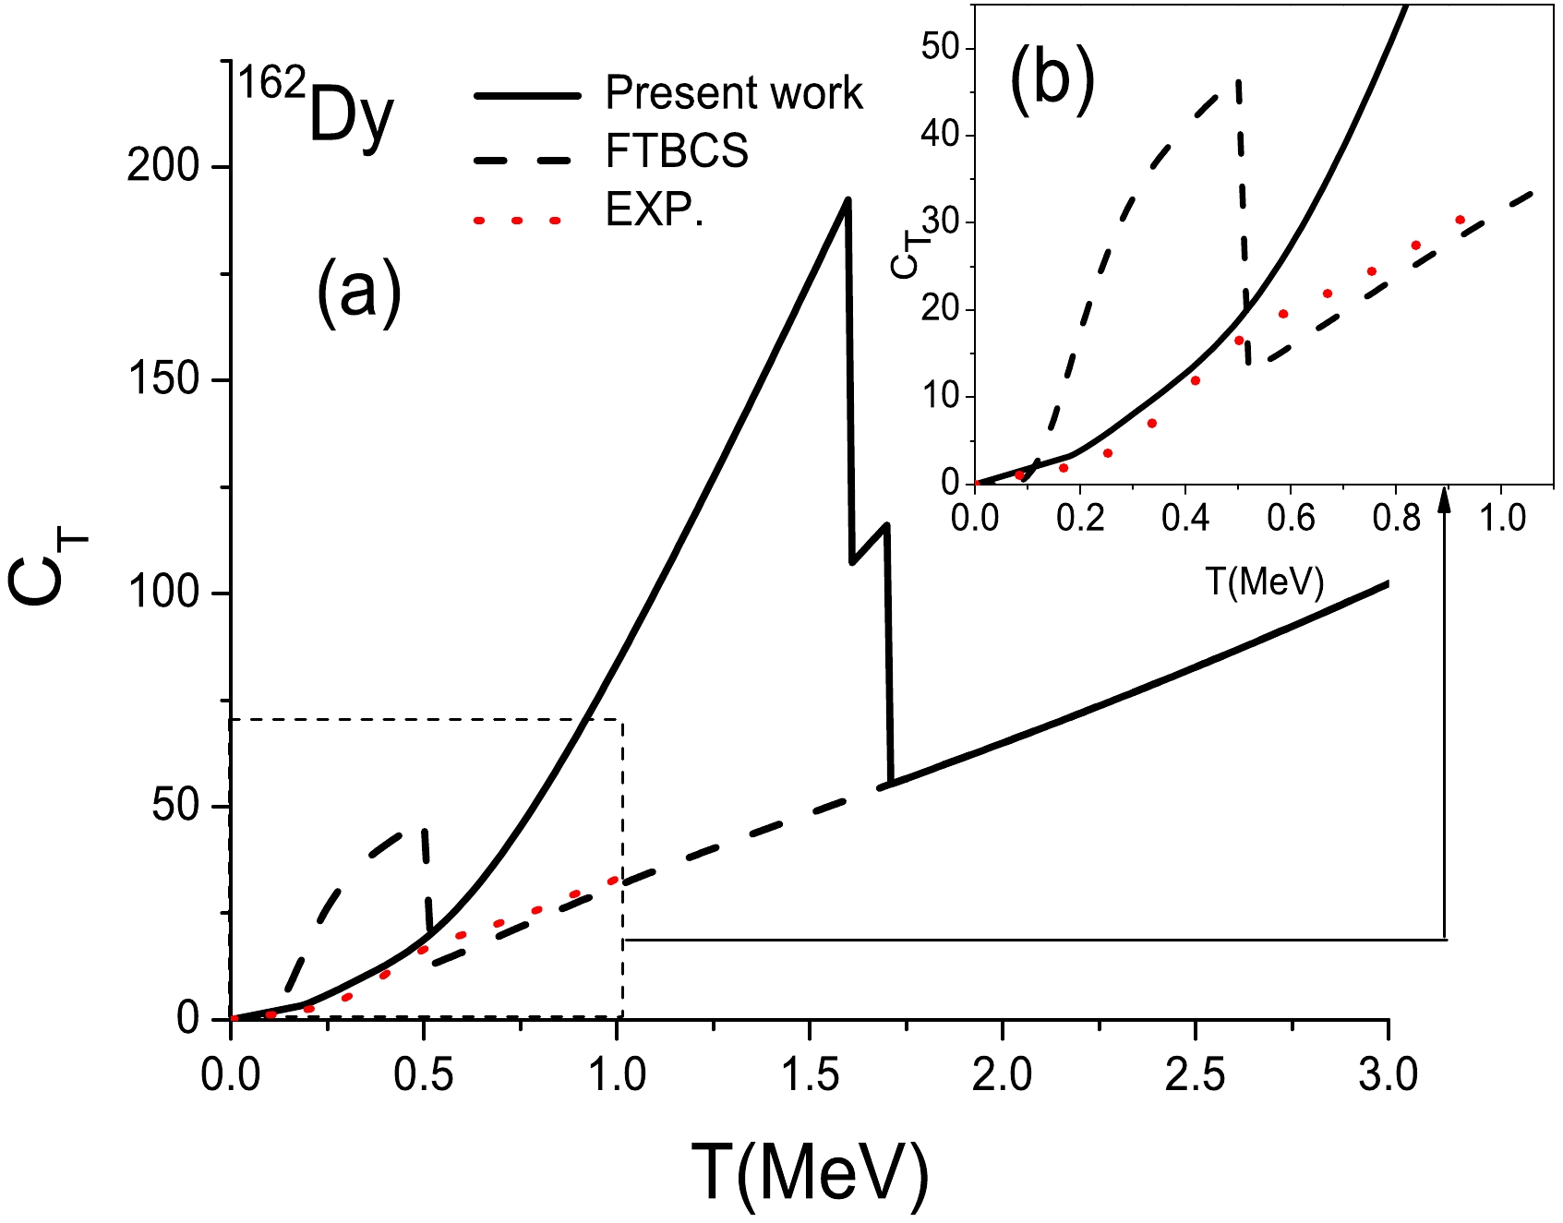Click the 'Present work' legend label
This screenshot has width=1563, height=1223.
point(734,93)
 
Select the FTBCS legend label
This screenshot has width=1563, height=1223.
point(677,151)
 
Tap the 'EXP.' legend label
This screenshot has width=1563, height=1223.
point(654,211)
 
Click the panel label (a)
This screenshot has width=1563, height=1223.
point(359,292)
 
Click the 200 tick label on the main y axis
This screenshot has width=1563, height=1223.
point(163,167)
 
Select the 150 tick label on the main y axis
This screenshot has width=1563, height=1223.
point(163,380)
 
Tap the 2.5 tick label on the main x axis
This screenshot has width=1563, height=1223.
point(1195,1076)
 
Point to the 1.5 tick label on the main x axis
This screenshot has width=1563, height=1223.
point(809,1076)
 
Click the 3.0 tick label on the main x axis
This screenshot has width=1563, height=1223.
point(1388,1076)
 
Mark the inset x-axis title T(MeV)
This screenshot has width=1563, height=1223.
point(1264,581)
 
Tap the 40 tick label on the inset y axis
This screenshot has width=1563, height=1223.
point(941,135)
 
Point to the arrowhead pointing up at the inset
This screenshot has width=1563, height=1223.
point(1445,501)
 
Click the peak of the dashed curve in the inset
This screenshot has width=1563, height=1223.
point(1238,81)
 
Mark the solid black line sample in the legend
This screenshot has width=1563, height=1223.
point(527,96)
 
